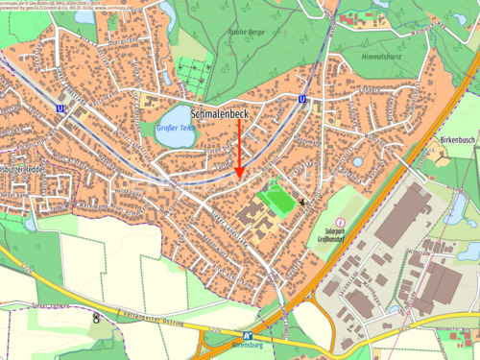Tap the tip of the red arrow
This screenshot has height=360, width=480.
pyautogui.click(x=239, y=175)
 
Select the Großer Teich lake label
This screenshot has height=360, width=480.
pyautogui.click(x=174, y=127)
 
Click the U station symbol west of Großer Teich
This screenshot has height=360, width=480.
pyautogui.click(x=60, y=108)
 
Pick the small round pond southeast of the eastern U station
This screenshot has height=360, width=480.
pyautogui.click(x=357, y=162)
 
